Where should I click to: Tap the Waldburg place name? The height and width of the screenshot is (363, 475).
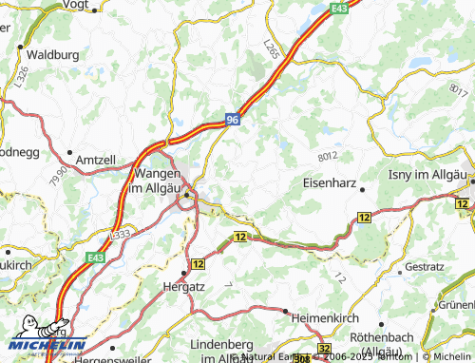coord(53,55)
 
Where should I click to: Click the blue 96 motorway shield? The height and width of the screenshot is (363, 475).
coord(233,119)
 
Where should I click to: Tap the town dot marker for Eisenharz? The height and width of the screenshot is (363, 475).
coord(363,189)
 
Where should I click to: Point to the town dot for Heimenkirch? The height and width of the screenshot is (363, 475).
coord(285,311)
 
